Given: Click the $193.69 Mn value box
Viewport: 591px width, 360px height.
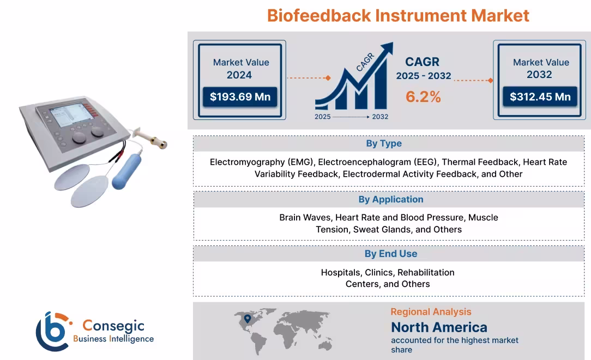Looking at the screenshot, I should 240,97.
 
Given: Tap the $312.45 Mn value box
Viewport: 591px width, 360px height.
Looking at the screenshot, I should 540,97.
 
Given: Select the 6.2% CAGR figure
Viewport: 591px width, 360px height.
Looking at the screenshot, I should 423,97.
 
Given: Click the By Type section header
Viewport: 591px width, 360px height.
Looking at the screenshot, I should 383,143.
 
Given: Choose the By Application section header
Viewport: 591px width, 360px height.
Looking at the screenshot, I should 390,200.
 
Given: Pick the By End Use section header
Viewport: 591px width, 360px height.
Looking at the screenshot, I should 390,254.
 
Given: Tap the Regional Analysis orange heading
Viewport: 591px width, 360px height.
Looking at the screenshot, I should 431,312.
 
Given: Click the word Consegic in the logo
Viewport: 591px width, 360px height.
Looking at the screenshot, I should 113,326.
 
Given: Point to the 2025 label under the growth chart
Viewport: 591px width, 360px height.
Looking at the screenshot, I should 322,117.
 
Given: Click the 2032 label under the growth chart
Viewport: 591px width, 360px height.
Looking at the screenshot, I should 380,117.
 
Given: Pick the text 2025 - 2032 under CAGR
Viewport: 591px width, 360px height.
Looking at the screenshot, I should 423,76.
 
